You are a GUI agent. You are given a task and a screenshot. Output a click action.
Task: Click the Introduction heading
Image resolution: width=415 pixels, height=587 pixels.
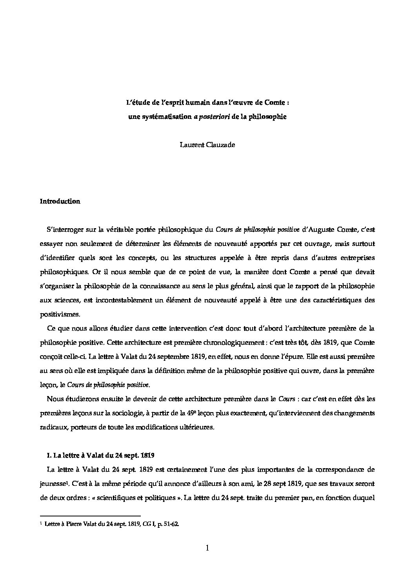[x=60, y=202]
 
